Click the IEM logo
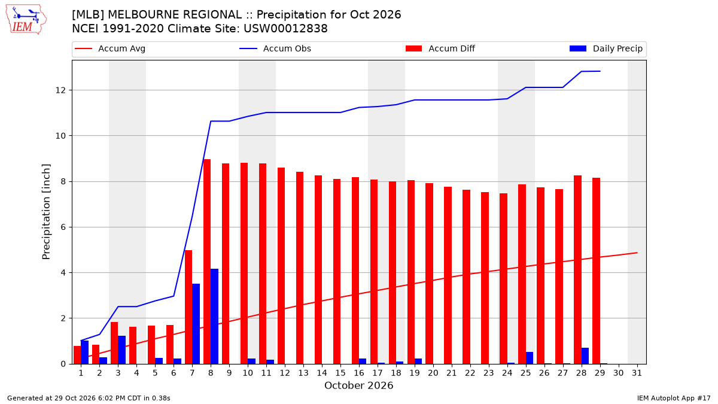[x=26, y=20]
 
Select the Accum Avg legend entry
[x=110, y=48]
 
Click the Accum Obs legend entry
[x=275, y=48]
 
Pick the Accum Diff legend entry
[x=440, y=48]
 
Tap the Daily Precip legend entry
[x=606, y=48]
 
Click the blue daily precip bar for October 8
[x=214, y=317]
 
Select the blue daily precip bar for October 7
[x=196, y=324]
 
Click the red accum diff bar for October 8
[x=207, y=262]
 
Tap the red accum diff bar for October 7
[x=188, y=307]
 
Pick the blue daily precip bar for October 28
[x=585, y=356]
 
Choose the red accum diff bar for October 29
[x=596, y=271]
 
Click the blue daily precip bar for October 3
[x=122, y=350]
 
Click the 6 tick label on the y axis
[x=63, y=227]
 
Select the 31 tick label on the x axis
[x=637, y=373]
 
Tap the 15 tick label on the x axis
[x=340, y=373]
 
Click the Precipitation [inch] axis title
[x=46, y=212]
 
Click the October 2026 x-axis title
[x=358, y=385]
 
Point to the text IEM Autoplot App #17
[x=674, y=398]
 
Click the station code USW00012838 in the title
[x=285, y=29]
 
